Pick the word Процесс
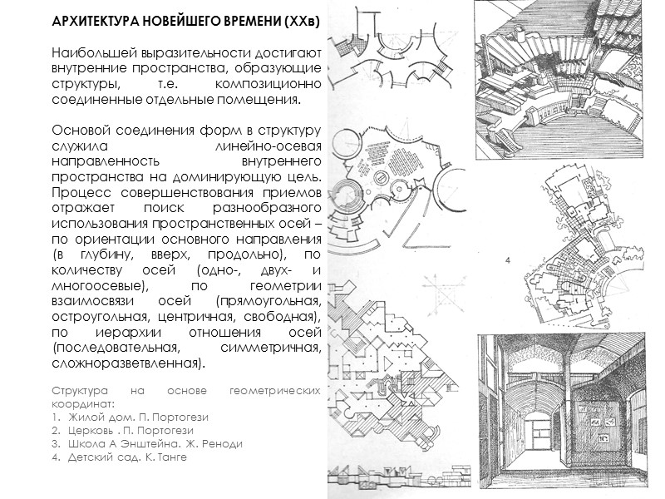(x=77, y=194)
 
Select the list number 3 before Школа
(x=55, y=443)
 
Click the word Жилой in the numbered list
(x=81, y=417)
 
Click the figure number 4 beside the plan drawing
(x=507, y=261)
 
